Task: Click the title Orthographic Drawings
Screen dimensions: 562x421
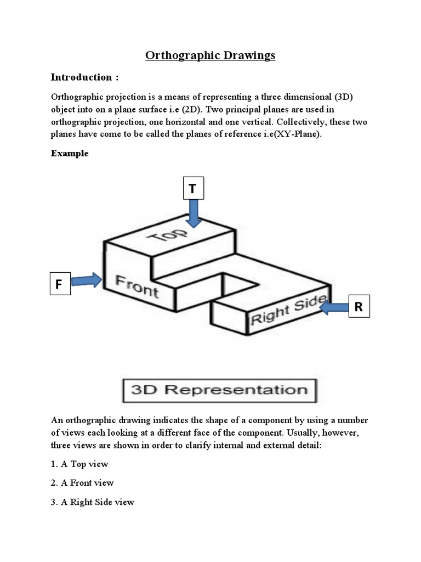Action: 210,55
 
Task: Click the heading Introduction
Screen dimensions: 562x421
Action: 85,76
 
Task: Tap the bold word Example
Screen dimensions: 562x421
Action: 70,154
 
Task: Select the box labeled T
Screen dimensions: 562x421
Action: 192,189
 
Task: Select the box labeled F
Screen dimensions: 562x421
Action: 60,284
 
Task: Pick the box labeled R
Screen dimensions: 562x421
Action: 359,307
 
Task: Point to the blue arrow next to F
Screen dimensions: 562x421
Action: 87,280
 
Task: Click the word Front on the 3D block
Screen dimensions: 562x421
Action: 137,286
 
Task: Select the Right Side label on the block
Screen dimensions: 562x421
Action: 289,309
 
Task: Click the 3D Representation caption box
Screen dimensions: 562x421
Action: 219,390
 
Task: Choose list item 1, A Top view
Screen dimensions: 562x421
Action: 79,464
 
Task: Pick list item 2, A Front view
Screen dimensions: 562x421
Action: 82,483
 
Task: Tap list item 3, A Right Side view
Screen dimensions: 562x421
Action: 93,502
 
